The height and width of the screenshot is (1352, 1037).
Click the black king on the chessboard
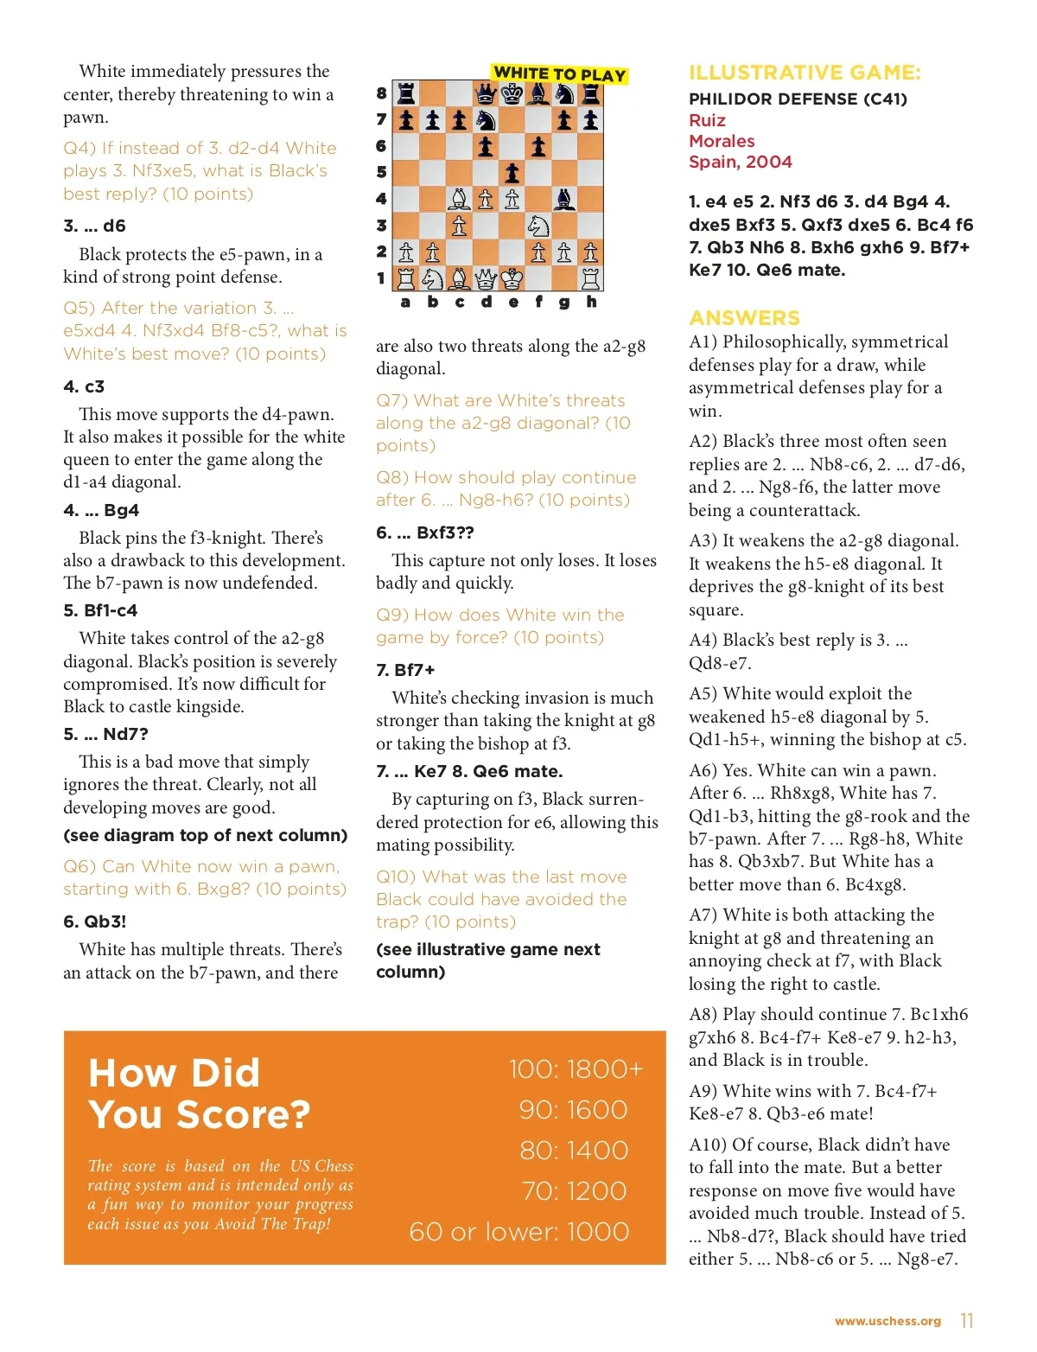512,93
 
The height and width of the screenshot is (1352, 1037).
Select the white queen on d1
486,278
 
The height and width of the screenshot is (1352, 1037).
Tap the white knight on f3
538,226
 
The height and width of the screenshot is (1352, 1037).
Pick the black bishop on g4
564,199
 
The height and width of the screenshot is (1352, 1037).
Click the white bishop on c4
459,199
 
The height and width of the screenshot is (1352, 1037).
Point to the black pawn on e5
512,173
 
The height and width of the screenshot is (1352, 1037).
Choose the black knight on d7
486,120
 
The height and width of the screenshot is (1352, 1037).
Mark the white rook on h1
591,278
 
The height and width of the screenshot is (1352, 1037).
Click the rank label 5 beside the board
381,173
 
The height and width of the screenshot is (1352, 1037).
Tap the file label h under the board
591,302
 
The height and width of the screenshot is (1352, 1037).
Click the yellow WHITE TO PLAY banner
559,74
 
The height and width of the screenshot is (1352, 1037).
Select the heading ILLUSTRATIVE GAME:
805,73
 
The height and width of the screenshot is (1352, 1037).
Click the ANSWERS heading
744,317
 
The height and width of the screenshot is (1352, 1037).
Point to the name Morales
722,141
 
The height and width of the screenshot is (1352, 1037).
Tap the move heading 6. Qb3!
95,922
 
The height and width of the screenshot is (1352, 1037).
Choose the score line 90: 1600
573,1110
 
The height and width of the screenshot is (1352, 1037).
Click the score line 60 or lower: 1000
518,1232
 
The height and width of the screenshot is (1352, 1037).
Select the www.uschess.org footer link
887,1321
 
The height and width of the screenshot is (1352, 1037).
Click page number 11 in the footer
967,1321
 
